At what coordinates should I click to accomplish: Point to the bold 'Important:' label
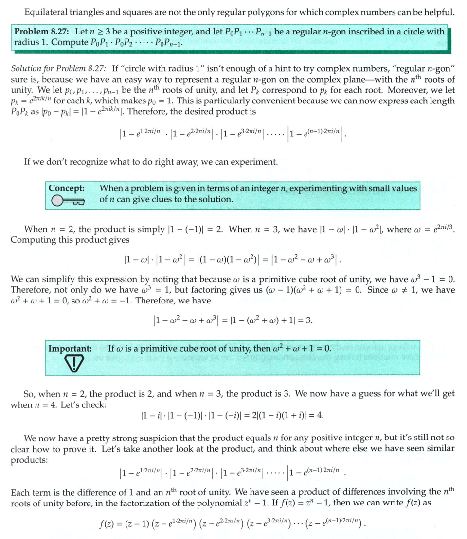pos(70,348)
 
